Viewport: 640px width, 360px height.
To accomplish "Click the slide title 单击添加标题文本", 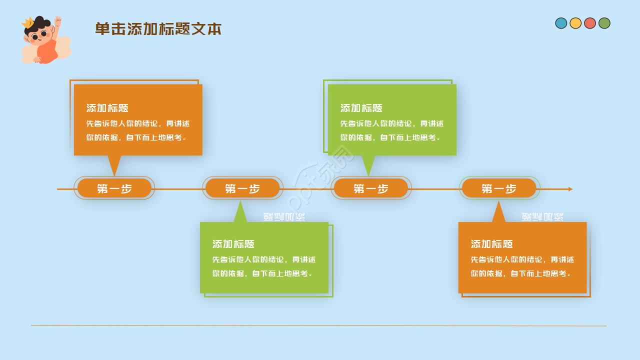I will (158, 29).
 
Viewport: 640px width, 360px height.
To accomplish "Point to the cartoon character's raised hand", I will (58, 21).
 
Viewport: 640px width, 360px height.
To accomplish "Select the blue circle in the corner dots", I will (561, 23).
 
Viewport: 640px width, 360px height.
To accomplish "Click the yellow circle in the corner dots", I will (575, 23).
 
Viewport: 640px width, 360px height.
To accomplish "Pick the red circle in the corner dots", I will (590, 23).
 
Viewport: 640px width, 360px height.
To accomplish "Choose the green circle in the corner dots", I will (604, 23).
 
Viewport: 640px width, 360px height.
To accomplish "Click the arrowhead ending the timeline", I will (570, 189).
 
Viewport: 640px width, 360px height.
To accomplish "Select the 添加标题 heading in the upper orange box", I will (107, 108).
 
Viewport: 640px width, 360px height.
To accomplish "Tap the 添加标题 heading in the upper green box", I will (361, 108).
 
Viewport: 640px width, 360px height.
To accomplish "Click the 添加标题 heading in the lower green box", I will (233, 244).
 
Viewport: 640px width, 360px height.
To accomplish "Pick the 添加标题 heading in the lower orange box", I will (492, 244).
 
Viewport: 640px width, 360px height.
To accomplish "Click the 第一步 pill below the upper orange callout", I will (114, 188).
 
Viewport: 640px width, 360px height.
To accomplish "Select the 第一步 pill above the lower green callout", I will (242, 188).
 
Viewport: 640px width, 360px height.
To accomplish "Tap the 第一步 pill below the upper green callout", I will (371, 188).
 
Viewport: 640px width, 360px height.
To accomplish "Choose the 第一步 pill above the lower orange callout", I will (499, 188).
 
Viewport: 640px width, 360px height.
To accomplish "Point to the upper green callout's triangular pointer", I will (368, 163).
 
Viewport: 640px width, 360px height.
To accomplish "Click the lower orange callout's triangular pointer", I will (498, 213).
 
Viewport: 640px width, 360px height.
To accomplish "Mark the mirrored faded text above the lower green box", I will (284, 217).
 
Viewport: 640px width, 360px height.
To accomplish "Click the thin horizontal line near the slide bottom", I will (318, 325).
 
